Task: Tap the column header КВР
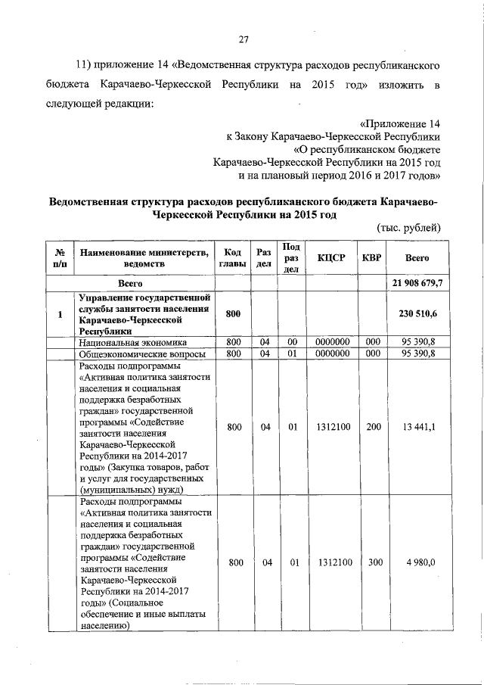point(372,258)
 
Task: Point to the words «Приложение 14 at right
point(399,123)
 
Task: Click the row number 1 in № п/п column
point(59,315)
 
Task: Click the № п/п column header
point(59,258)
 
